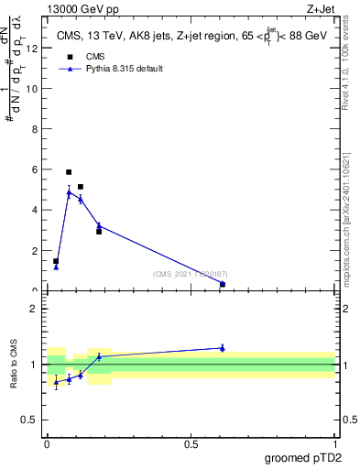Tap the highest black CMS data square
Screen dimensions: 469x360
(x=69, y=172)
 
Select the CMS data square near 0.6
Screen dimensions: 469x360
(x=223, y=284)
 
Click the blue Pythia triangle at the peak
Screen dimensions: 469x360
(x=69, y=192)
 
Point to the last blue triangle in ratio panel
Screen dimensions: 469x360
(x=223, y=348)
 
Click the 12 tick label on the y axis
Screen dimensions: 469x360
(x=35, y=49)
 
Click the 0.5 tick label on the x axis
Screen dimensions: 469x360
(x=191, y=443)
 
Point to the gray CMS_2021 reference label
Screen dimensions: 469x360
(x=191, y=274)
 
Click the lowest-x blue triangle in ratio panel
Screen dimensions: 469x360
(x=56, y=382)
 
